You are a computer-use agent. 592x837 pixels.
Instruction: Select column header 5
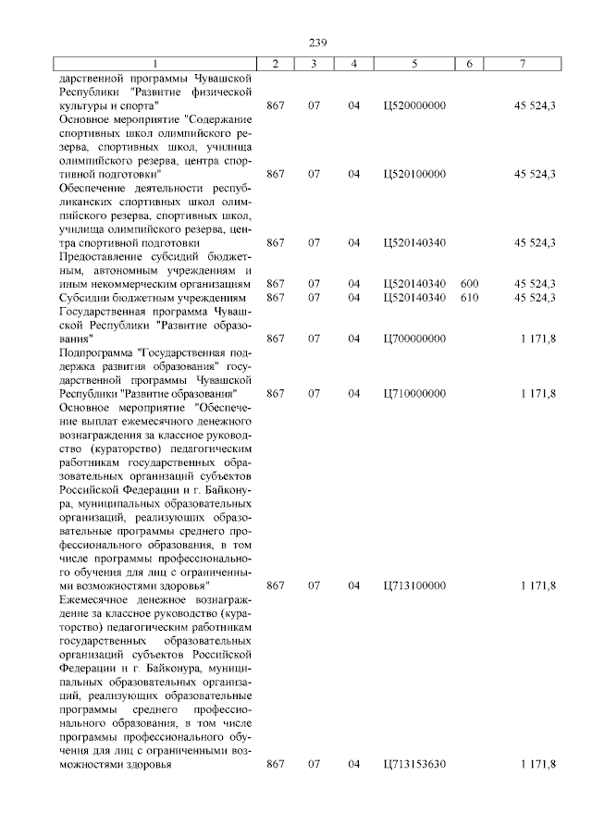[413, 63]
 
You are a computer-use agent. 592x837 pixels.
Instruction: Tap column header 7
[523, 63]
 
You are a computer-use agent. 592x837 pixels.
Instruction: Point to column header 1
[155, 63]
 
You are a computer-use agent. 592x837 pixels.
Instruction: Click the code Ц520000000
[413, 105]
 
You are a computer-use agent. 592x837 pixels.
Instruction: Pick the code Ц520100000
[413, 174]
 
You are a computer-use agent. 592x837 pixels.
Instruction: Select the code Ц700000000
[413, 338]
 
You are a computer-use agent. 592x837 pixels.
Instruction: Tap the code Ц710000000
[413, 393]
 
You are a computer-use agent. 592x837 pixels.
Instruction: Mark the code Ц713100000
[413, 585]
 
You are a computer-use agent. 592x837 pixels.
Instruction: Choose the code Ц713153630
[413, 764]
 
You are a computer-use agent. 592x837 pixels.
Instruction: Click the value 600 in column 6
[469, 284]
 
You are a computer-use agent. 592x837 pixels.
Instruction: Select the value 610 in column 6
[469, 298]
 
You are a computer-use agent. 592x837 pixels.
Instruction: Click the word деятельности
[163, 188]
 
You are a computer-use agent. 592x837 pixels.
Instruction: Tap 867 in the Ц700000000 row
[275, 338]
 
